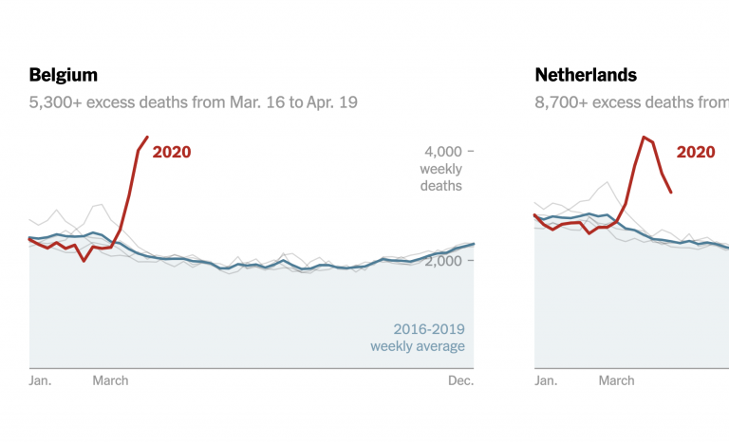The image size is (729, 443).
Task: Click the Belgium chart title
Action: (64, 75)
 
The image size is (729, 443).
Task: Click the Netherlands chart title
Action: (586, 75)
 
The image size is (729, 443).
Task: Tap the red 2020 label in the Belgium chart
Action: (172, 151)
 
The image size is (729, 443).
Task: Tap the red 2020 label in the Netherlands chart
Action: (696, 151)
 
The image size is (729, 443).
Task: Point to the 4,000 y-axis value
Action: (441, 151)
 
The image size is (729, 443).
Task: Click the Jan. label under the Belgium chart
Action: (41, 380)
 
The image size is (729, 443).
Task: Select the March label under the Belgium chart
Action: (110, 380)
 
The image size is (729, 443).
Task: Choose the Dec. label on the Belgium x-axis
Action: (460, 380)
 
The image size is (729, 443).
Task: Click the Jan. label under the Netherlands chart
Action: (546, 380)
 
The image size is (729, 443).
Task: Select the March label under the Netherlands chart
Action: (616, 380)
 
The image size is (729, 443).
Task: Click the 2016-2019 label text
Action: (429, 330)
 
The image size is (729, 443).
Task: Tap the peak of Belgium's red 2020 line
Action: (146, 137)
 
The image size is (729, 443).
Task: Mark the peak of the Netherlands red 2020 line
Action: (644, 137)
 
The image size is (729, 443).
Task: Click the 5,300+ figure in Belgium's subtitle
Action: (53, 102)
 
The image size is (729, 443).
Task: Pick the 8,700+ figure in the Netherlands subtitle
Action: (560, 102)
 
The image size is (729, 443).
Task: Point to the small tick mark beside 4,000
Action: (471, 151)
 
